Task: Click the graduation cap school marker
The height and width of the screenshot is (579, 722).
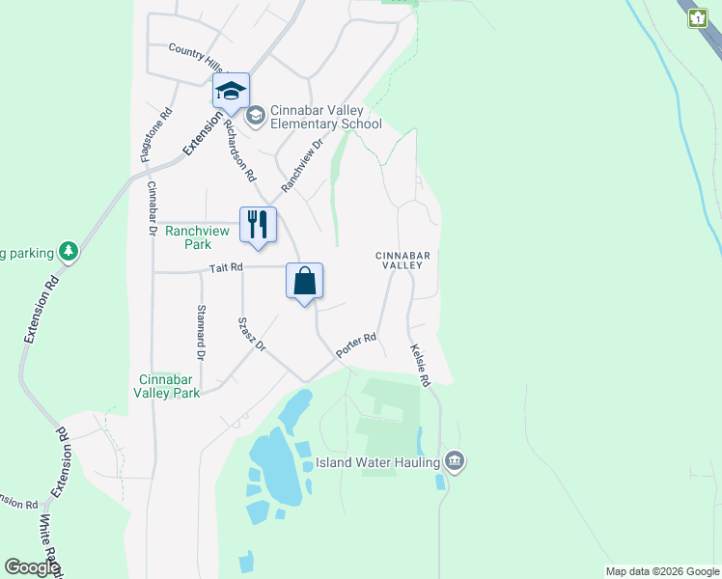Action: click(231, 92)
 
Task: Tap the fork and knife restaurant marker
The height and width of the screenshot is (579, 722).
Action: click(258, 225)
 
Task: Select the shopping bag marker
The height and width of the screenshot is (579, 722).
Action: click(304, 282)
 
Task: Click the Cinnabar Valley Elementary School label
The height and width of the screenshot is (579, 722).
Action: click(325, 118)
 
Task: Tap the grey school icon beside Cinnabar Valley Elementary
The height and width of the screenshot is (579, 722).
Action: click(256, 117)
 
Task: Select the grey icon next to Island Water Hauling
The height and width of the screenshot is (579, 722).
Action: click(456, 462)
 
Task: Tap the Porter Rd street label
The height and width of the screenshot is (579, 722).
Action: click(355, 347)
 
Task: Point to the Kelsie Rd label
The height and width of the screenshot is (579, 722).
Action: click(418, 366)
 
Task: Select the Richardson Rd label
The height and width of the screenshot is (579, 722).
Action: click(239, 152)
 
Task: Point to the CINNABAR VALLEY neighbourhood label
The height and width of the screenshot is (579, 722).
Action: click(400, 260)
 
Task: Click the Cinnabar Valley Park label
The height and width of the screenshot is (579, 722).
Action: click(168, 386)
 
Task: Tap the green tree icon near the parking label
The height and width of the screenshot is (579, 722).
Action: click(69, 253)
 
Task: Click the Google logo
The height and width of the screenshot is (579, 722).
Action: click(31, 567)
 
